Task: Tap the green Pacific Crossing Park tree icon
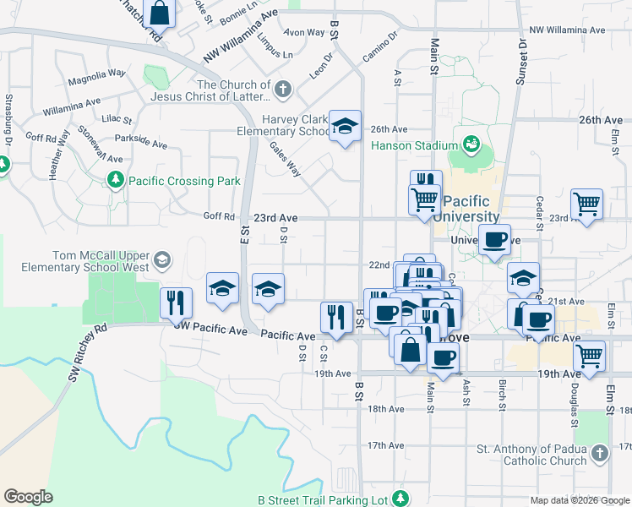(x=116, y=180)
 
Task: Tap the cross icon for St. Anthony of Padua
(x=599, y=454)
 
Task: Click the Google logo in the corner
(x=28, y=497)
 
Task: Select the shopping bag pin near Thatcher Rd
(x=159, y=14)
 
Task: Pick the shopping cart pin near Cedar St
(x=586, y=204)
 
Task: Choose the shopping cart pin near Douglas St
(x=589, y=355)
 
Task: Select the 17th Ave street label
(x=386, y=445)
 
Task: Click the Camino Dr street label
(x=380, y=50)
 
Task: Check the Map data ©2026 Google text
(x=580, y=500)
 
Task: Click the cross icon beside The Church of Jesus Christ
(x=283, y=88)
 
